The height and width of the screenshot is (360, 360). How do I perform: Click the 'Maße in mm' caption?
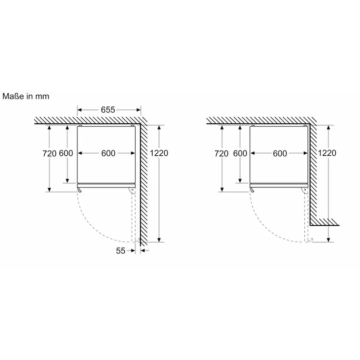click(26, 96)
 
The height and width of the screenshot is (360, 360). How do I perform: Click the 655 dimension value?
click(108, 110)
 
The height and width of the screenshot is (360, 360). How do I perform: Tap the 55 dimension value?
click(121, 251)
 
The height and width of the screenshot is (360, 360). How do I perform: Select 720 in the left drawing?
click(49, 153)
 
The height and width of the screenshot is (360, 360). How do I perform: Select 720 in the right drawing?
click(222, 153)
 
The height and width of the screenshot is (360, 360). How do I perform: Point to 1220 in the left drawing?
click(159, 153)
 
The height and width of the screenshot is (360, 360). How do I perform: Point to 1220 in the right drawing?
click(327, 153)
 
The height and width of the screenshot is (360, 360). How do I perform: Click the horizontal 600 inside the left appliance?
click(108, 153)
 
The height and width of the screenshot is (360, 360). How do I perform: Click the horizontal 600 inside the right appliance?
click(280, 153)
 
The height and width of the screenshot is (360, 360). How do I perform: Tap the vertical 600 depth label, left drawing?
click(66, 153)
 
